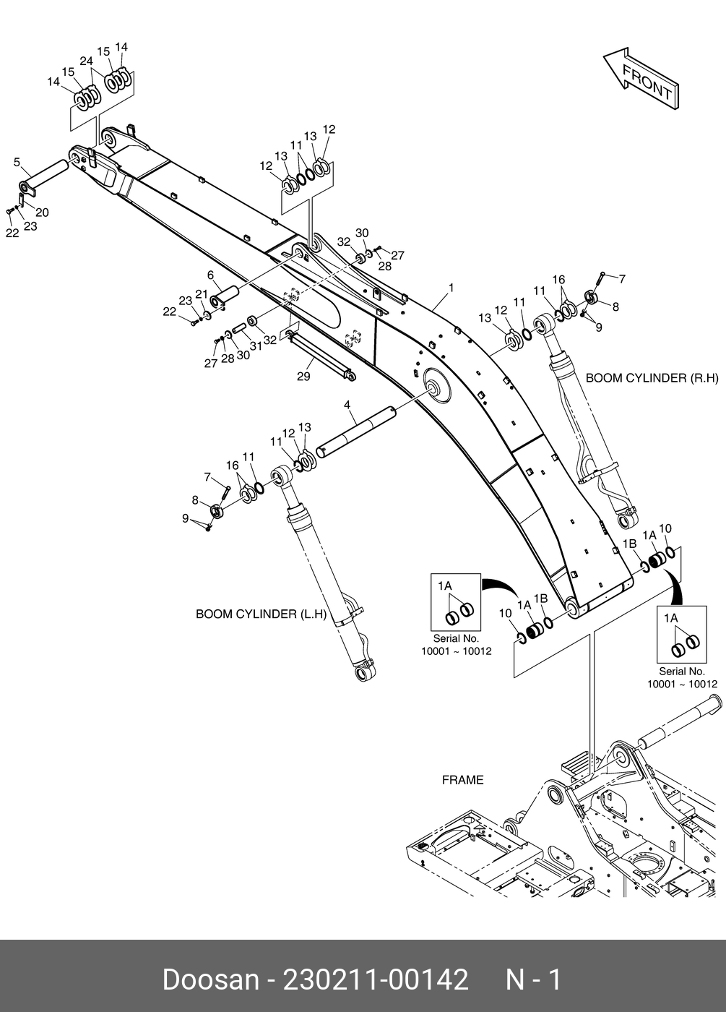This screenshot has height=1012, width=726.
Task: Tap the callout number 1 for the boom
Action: [451, 288]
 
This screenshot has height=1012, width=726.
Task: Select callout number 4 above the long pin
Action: [347, 406]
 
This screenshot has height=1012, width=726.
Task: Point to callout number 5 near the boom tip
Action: [17, 162]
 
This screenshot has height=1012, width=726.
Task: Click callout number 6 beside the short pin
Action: [210, 275]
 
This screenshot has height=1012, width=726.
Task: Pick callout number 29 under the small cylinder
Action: [303, 377]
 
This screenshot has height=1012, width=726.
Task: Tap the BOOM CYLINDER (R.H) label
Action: [652, 377]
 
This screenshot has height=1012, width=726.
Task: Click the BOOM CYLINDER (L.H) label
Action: [262, 614]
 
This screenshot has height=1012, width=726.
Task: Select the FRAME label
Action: [462, 780]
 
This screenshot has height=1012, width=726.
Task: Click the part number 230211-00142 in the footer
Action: [376, 979]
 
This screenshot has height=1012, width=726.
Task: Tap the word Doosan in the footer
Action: [209, 979]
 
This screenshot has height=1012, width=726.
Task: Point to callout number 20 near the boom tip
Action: [42, 213]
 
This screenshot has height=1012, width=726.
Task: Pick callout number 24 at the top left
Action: [87, 61]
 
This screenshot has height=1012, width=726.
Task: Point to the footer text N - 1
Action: [533, 979]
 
